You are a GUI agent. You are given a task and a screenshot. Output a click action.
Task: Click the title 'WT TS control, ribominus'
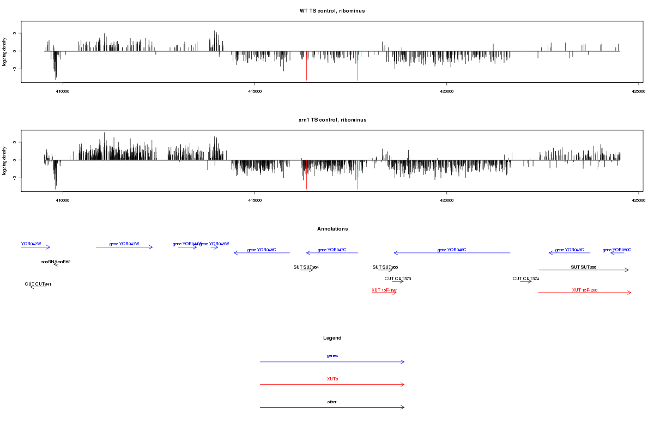tap(332, 11)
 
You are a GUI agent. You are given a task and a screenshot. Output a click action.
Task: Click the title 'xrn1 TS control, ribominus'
tap(332, 119)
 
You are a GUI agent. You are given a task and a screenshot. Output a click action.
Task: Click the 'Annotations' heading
tap(332, 229)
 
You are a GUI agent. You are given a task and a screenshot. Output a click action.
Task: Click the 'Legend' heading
tap(332, 338)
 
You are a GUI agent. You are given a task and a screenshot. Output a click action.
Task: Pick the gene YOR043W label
tap(124, 244)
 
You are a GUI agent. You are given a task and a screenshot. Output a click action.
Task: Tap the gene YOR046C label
tap(262, 250)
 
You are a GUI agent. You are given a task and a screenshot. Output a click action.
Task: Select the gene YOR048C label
tap(452, 250)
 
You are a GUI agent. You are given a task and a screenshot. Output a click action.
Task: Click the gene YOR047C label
tap(332, 250)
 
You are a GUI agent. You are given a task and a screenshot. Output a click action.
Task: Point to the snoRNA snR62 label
tap(56, 262)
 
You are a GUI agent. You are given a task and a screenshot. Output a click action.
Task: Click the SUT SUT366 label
tap(583, 267)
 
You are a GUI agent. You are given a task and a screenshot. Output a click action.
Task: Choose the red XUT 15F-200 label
tap(585, 290)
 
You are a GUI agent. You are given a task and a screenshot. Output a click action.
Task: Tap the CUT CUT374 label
tap(525, 278)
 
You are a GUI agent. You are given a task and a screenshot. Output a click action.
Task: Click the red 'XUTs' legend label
tap(332, 378)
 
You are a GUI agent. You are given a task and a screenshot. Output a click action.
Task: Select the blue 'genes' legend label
tap(332, 355)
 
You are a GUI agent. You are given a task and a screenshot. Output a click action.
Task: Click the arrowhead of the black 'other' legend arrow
tap(403, 407)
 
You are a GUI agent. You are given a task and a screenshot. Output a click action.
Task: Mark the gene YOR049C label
tap(570, 250)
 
